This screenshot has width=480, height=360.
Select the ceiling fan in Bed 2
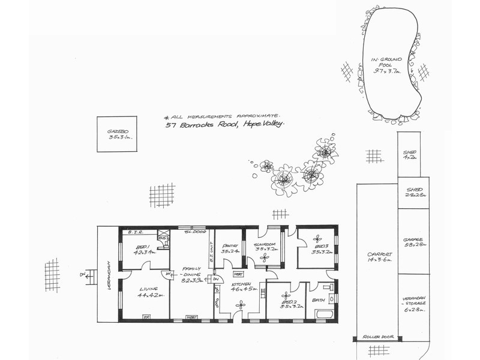tap(286, 295)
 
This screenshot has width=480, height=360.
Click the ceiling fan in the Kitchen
tap(241, 305)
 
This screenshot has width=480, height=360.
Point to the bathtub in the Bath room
tap(322, 313)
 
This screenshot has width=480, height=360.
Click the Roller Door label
tap(376, 338)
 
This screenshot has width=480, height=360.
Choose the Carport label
tap(379, 256)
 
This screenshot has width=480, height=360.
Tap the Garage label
tap(414, 241)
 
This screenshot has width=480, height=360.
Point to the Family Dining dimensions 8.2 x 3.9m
tap(191, 279)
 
